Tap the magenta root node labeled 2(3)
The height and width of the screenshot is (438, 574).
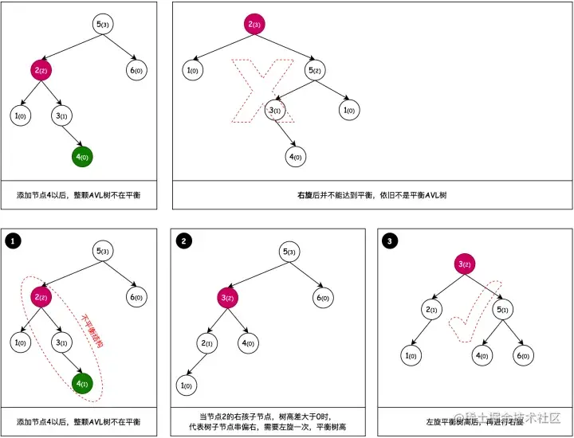(254, 24)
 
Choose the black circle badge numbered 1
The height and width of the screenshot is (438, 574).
(12, 240)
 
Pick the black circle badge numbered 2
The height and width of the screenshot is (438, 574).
(184, 240)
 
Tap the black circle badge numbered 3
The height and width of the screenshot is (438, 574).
(388, 240)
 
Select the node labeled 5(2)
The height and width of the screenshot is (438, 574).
(315, 70)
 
